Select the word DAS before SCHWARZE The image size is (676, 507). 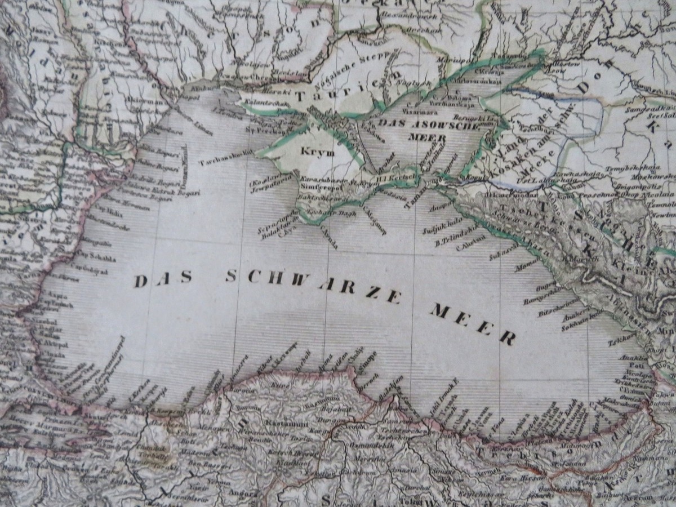(163, 278)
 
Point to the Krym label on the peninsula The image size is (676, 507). (318, 152)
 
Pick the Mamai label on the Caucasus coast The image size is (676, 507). (527, 264)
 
